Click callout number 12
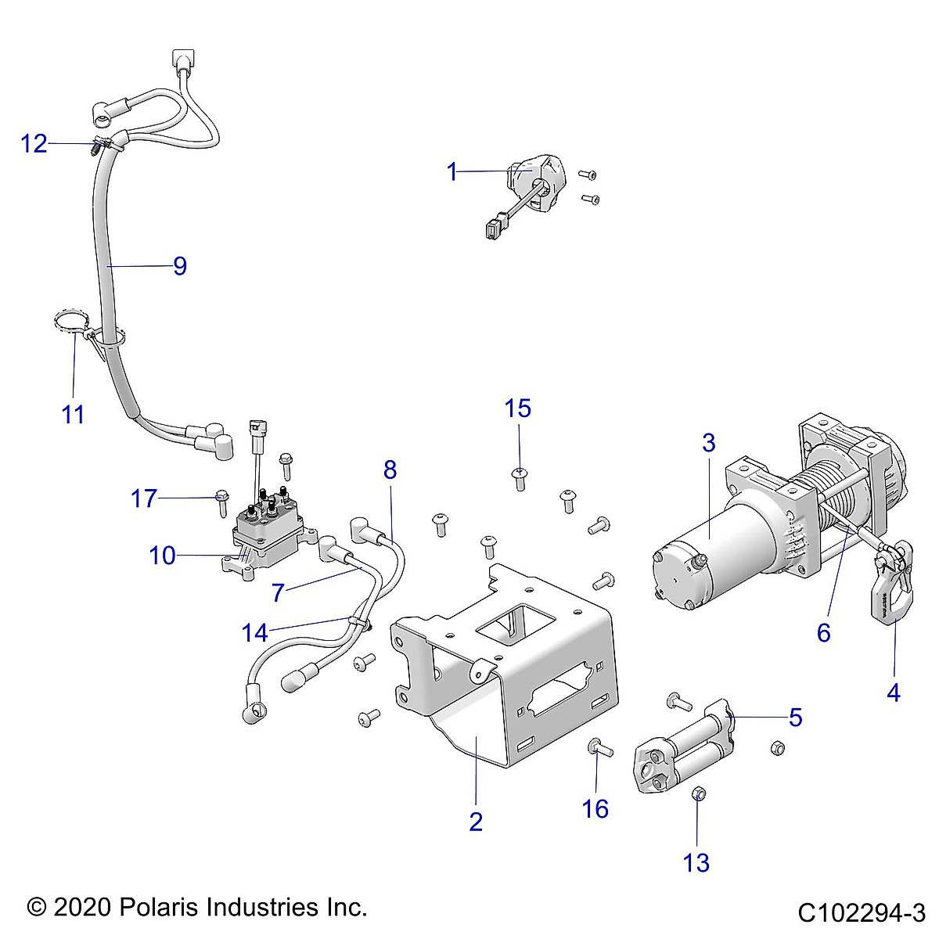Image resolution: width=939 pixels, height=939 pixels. [x=34, y=144]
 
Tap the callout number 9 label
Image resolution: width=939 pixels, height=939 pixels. [x=180, y=266]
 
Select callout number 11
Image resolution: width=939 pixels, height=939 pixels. [x=73, y=414]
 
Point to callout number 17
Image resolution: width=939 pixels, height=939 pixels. [x=144, y=498]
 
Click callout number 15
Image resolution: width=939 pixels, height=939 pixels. [x=518, y=408]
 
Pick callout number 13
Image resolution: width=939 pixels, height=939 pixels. [x=696, y=862]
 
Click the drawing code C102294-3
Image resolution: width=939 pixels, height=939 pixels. [x=862, y=912]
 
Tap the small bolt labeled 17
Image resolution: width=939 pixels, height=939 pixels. [x=221, y=498]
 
